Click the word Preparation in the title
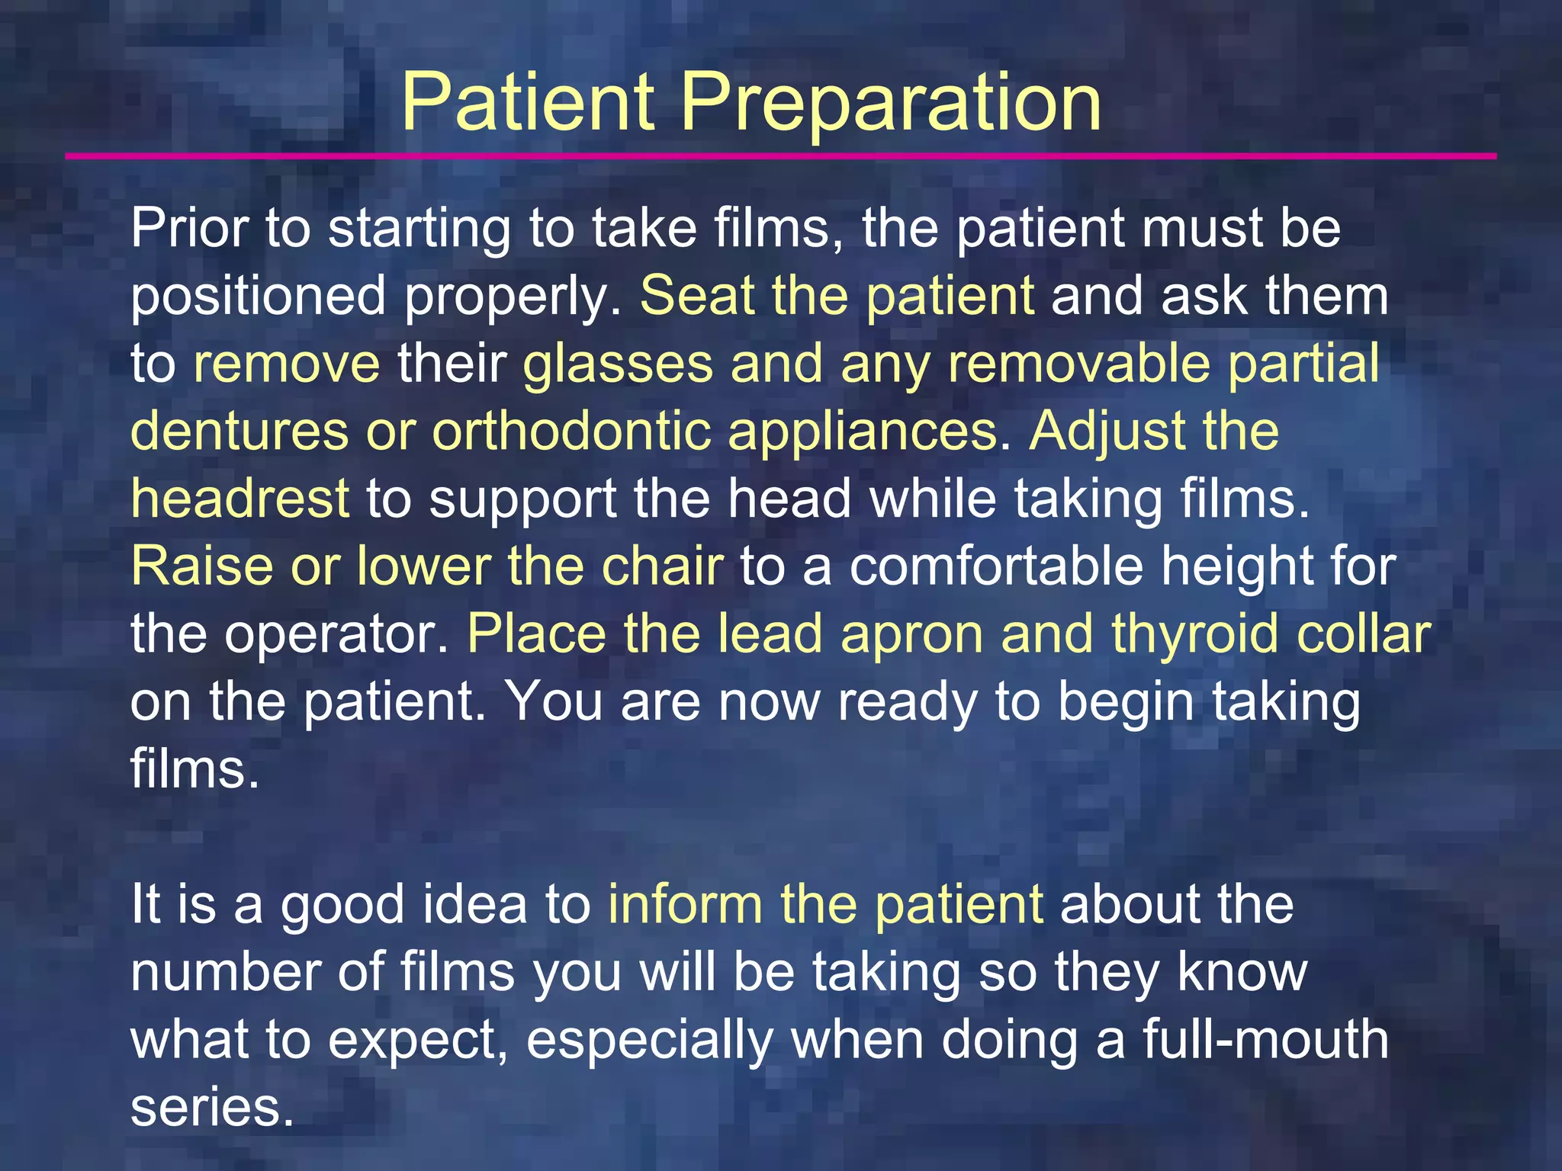[x=890, y=102]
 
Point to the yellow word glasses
[x=618, y=364]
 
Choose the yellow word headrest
[x=239, y=499]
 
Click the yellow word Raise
[x=202, y=566]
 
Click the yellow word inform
[x=685, y=905]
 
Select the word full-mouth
[x=1265, y=1041]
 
